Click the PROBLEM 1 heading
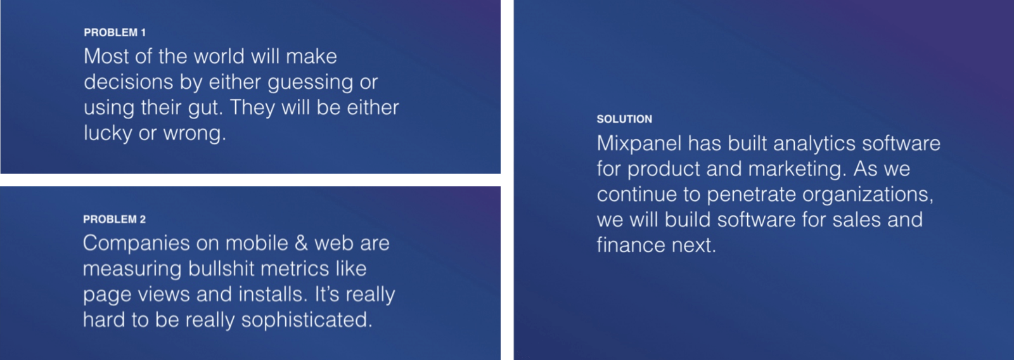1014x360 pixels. click(x=115, y=32)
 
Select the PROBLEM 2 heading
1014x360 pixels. click(x=114, y=219)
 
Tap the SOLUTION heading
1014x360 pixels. click(x=624, y=119)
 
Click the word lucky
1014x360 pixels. click(x=108, y=134)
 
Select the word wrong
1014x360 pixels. click(x=195, y=134)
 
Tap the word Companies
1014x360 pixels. click(x=136, y=243)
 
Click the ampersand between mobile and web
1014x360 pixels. click(x=301, y=243)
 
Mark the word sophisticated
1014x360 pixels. click(x=307, y=320)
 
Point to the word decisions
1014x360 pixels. click(x=129, y=82)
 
